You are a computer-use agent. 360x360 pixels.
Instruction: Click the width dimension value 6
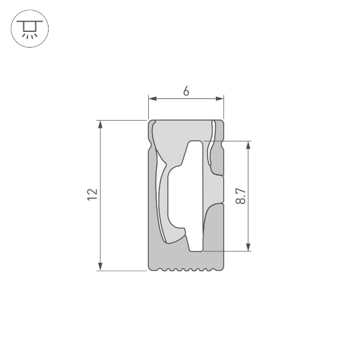pyautogui.click(x=186, y=91)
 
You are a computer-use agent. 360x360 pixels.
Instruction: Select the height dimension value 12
pyautogui.click(x=92, y=194)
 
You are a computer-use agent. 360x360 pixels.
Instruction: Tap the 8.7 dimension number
pyautogui.click(x=241, y=196)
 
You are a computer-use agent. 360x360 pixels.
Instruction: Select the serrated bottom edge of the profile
pyautogui.click(x=186, y=269)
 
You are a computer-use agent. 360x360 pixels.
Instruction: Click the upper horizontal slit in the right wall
pyautogui.click(x=220, y=176)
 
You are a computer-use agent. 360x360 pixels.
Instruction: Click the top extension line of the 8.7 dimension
pyautogui.click(x=234, y=141)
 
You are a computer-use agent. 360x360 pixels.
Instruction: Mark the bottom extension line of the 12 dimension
pyautogui.click(x=123, y=271)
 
